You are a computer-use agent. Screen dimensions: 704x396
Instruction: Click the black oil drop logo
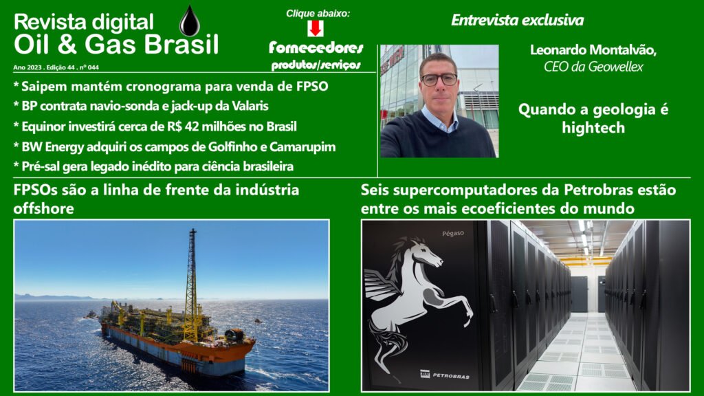[190, 21]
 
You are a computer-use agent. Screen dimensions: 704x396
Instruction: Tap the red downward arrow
[316, 28]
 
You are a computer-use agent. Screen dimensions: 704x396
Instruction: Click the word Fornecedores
[316, 47]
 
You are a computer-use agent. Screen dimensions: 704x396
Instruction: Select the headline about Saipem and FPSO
[171, 86]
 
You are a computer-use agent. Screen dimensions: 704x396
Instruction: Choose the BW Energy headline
[175, 147]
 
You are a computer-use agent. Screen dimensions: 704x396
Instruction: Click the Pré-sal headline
[153, 166]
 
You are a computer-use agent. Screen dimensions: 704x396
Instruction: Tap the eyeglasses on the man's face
[439, 80]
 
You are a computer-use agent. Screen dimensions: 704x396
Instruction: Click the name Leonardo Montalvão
[593, 49]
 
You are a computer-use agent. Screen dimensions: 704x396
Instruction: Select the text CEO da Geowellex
[593, 67]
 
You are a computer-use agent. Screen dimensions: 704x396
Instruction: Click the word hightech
[593, 128]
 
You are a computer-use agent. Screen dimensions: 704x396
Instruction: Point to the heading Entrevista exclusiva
[517, 20]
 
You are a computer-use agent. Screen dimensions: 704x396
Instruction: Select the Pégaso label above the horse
[452, 234]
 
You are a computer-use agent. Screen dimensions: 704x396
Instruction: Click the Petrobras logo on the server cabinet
[445, 375]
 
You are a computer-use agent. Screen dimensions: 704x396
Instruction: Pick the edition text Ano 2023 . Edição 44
[45, 67]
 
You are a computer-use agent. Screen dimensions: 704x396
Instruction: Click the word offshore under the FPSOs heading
[43, 209]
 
